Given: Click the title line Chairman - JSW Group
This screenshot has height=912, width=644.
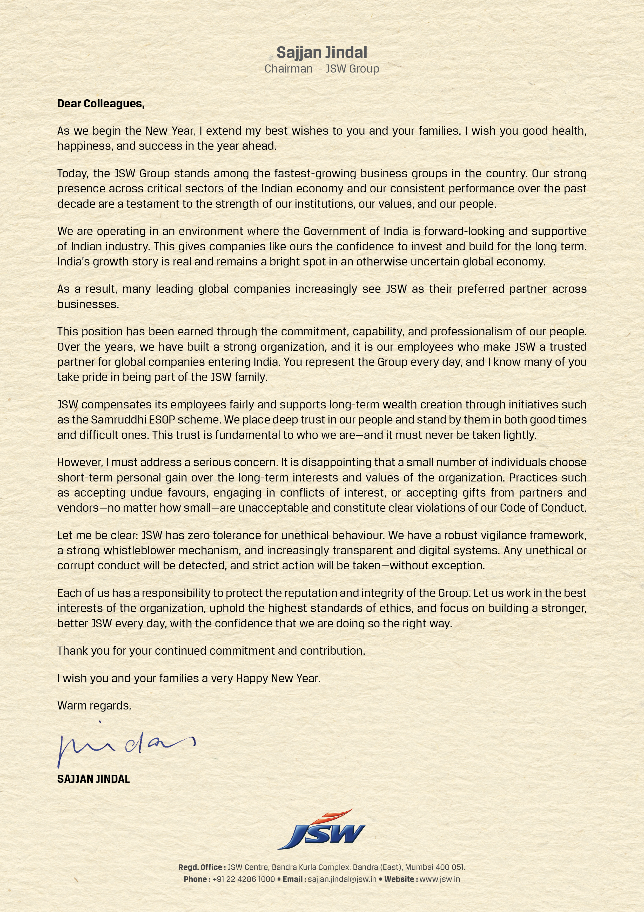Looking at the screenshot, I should pos(322,69).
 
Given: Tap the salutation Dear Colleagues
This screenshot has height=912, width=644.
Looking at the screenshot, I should pos(101,104).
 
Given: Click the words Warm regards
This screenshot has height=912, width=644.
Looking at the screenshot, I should pos(94,706).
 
